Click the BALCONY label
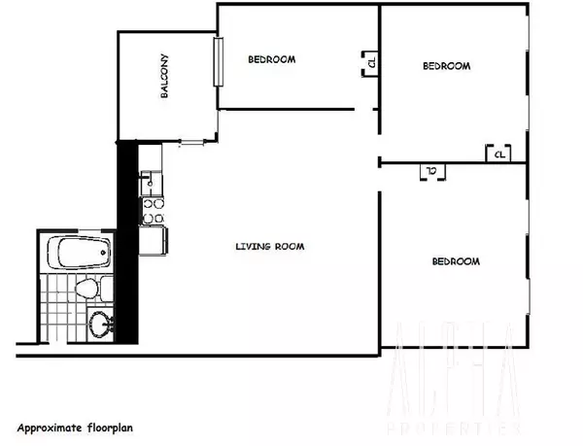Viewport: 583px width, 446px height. pyautogui.click(x=166, y=77)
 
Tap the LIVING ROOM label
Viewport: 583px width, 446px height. pyautogui.click(x=269, y=247)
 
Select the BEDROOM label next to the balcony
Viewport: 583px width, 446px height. pyautogui.click(x=271, y=60)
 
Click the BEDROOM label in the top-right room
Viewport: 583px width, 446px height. pyautogui.click(x=446, y=66)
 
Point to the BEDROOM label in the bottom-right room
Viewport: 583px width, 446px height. pyautogui.click(x=456, y=262)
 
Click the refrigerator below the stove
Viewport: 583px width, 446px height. pyautogui.click(x=153, y=238)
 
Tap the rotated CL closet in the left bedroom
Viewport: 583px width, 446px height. pyautogui.click(x=371, y=65)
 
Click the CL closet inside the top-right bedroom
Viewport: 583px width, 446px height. pyautogui.click(x=498, y=154)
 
